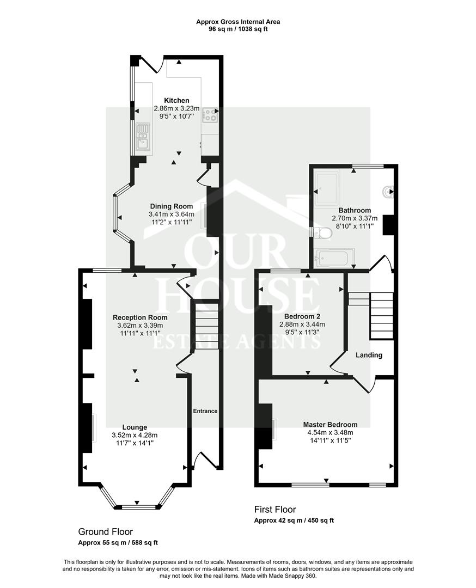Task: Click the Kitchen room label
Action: (x=176, y=101)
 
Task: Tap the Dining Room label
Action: (x=172, y=206)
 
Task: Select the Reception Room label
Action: (x=141, y=317)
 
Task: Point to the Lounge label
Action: (x=135, y=427)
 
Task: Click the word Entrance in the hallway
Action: (x=205, y=411)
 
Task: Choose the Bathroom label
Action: (x=355, y=210)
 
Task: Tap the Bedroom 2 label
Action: (x=302, y=316)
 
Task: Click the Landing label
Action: (x=369, y=355)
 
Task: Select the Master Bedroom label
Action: (x=330, y=425)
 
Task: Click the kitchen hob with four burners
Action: (x=210, y=114)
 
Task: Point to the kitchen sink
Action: (x=143, y=136)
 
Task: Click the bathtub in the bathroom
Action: (x=335, y=258)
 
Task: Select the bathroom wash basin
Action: (x=388, y=192)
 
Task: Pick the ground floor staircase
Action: (x=206, y=326)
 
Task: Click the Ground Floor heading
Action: (x=106, y=531)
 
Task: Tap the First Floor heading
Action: (x=275, y=509)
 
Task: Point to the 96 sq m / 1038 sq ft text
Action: (x=238, y=29)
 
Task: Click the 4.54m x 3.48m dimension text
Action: (x=331, y=432)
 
